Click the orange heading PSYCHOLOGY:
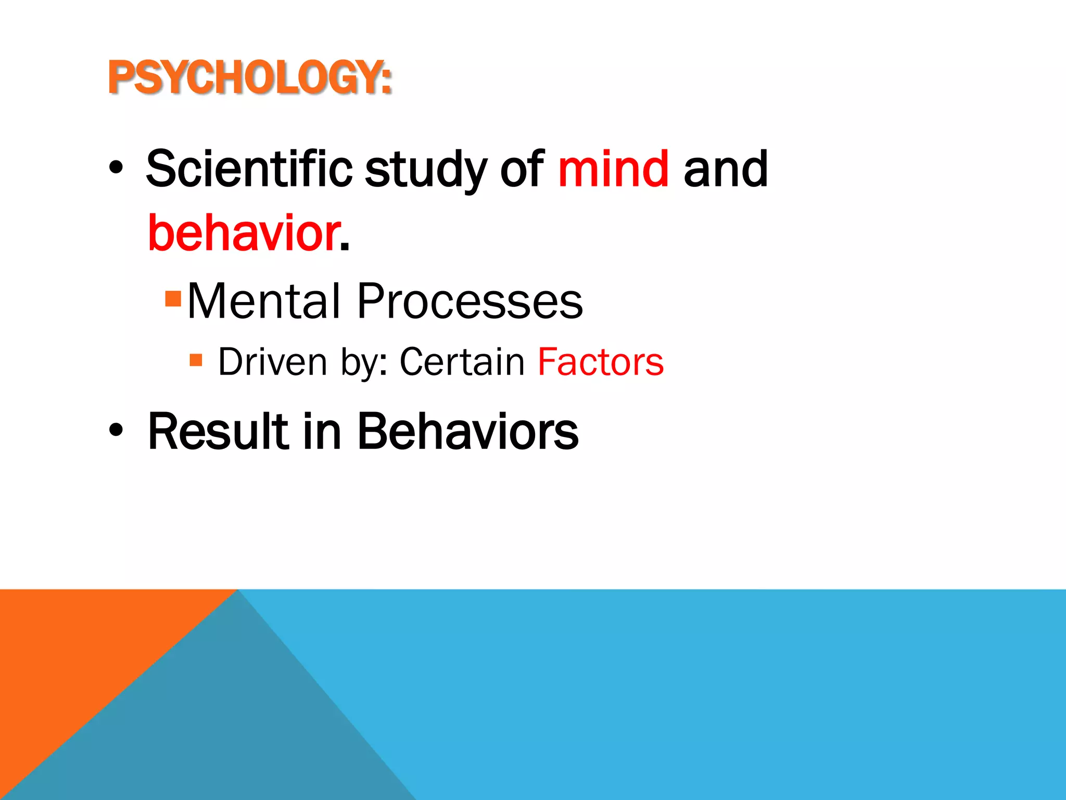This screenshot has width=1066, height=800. point(249,78)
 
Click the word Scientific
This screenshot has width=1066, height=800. point(249,169)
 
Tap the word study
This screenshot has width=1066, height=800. point(425,170)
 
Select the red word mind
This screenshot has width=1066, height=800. point(613,169)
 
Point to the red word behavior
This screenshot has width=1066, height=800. point(244,233)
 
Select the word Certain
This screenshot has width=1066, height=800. point(462,361)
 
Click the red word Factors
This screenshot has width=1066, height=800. point(601,361)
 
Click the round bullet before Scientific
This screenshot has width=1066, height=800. point(116,169)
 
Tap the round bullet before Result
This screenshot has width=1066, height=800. point(116,431)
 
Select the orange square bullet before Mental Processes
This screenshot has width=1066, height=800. point(173,298)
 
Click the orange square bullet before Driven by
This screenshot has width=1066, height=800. point(196,359)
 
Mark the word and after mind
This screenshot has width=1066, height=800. point(726,169)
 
